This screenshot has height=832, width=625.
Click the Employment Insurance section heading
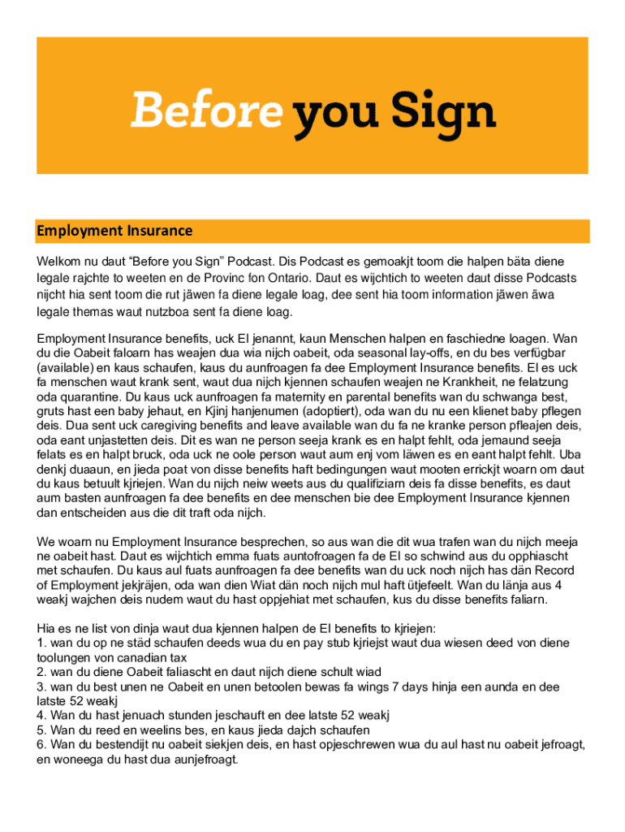[114, 231]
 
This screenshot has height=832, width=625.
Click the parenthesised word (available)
[67, 367]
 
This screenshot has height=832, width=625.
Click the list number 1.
[41, 643]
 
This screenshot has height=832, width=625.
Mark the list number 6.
[41, 745]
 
